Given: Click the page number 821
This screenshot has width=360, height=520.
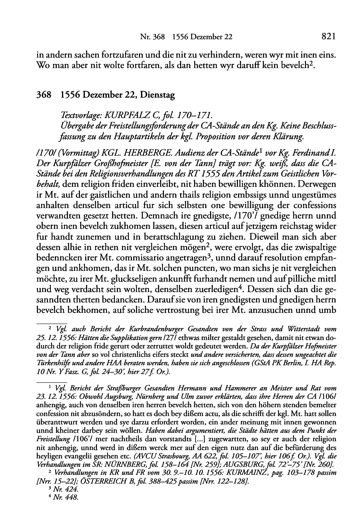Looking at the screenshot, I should [x=328, y=37].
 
